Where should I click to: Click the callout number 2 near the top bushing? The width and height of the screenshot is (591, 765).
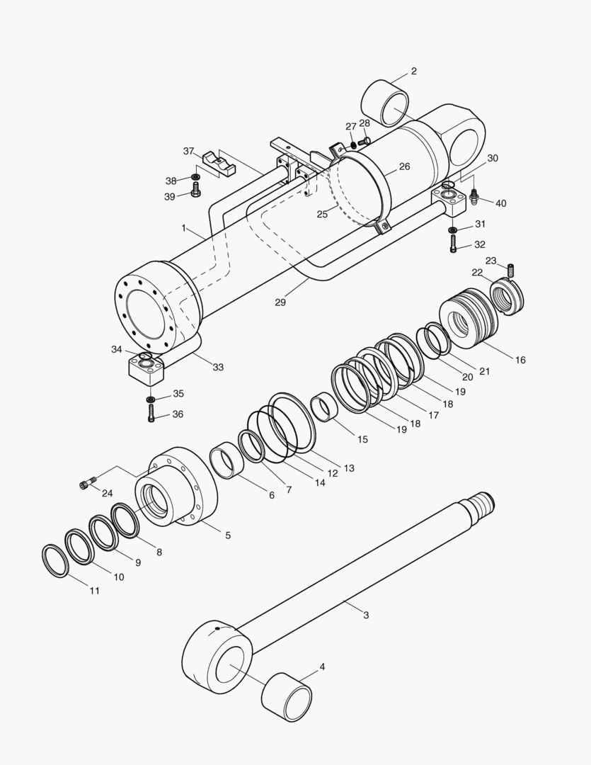pos(413,72)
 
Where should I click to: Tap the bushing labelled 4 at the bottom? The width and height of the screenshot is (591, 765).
pos(287,696)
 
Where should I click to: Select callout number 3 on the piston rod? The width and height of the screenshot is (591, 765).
pos(366,615)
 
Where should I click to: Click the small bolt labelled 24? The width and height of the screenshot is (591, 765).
pos(86,484)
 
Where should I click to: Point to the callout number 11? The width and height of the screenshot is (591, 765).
pos(94,590)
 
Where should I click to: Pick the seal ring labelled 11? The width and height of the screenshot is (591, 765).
pos(55,560)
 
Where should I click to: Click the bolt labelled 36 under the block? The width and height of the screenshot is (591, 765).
pos(151,414)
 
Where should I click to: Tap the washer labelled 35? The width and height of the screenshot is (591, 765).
pos(151,400)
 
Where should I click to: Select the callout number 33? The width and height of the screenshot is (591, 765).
pos(218,367)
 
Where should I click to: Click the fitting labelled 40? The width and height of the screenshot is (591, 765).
pos(474,195)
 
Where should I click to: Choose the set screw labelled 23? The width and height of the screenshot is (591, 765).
pos(511,270)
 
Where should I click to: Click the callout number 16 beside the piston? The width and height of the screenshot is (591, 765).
pos(520,360)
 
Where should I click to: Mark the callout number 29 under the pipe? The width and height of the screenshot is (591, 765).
pos(280,302)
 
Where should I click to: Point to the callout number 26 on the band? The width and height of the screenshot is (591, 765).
pos(404,167)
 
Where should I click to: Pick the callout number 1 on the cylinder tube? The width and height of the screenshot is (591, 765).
pos(183,228)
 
